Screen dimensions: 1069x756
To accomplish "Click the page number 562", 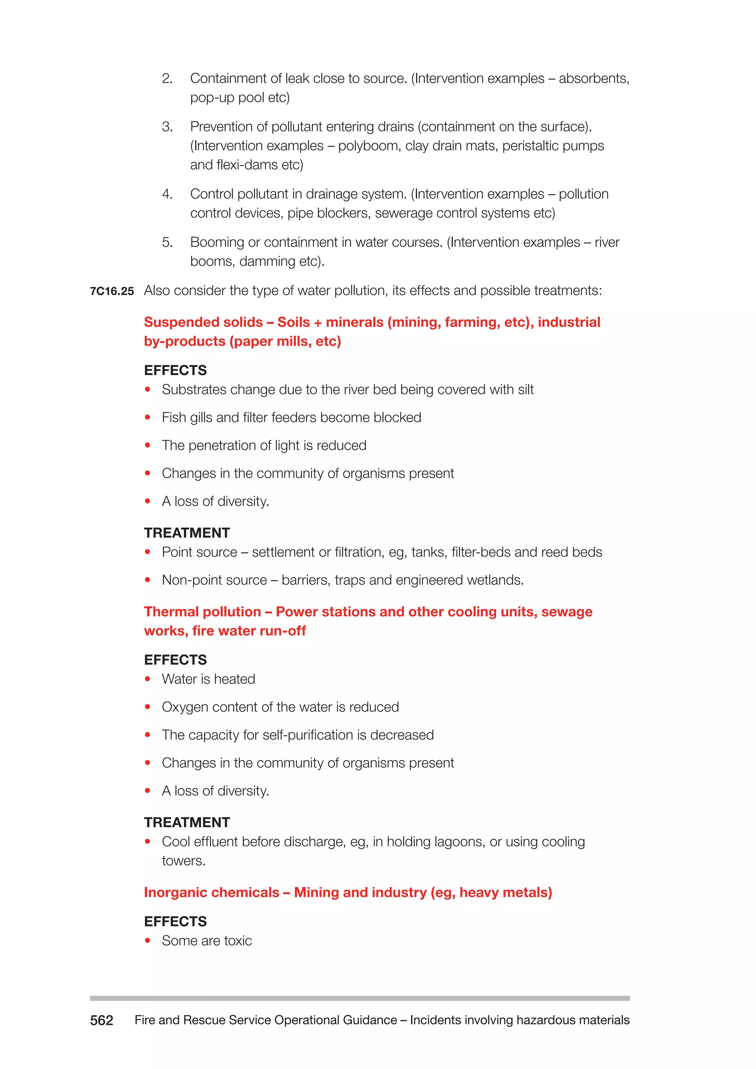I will [102, 1021].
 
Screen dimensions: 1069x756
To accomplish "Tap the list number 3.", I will [167, 127].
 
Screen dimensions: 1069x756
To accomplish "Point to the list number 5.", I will [167, 242].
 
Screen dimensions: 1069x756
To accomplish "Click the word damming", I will [267, 262].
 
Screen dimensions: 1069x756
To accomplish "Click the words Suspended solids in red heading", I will [203, 322].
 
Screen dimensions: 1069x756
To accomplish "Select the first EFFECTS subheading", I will [175, 370].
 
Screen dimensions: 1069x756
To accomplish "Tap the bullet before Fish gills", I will [148, 417].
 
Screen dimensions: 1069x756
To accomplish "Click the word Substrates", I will [194, 390].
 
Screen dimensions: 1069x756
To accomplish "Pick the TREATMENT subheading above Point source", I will [187, 533].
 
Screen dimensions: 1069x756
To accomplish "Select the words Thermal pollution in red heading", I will [203, 612].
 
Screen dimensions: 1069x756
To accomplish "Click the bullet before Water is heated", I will [148, 679].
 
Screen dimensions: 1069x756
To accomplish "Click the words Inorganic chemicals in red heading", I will [212, 893].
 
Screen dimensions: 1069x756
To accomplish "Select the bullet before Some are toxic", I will [148, 941].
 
